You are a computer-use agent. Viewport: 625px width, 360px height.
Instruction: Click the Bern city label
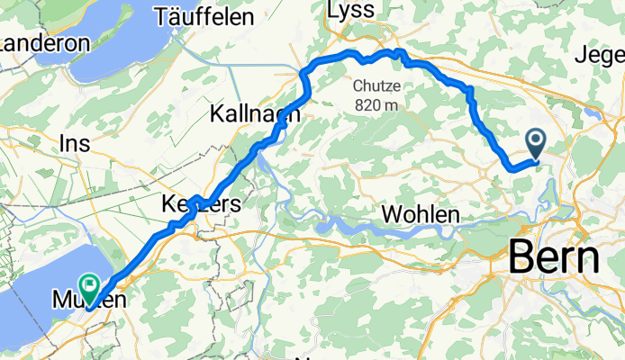tap(554, 258)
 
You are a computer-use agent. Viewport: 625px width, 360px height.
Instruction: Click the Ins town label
tap(76, 143)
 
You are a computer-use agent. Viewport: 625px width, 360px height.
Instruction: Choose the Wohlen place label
tap(421, 215)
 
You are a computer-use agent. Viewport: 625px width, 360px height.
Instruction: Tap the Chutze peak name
tap(376, 88)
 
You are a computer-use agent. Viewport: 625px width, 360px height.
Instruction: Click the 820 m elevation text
tap(376, 104)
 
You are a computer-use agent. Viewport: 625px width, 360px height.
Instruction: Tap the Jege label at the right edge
tap(599, 54)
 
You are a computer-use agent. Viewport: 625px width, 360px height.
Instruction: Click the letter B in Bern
tap(522, 258)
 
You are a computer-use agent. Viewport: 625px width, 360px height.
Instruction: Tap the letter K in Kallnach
tap(217, 113)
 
